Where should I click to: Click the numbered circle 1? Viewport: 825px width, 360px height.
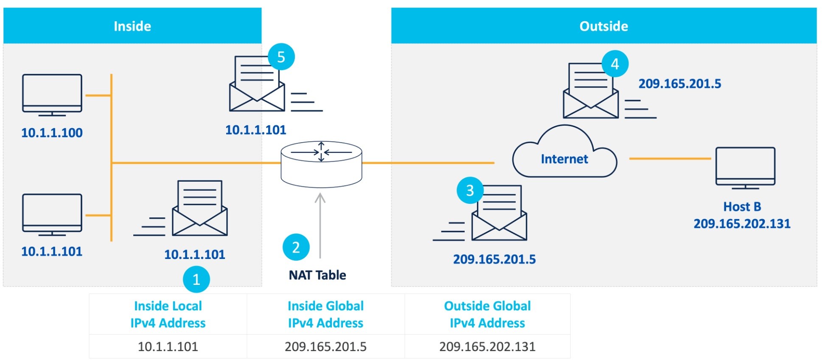coord(196,279)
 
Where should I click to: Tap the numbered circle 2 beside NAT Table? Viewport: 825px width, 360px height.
coord(296,247)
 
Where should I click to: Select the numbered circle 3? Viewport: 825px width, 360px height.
coord(470,190)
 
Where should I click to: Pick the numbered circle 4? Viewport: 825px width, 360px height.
coord(615,64)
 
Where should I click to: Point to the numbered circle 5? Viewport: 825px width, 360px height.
coord(281,57)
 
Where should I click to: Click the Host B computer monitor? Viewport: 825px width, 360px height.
coord(745,166)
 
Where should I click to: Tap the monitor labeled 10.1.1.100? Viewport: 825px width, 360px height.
coord(52,94)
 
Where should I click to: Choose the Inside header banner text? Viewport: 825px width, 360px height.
coord(132,26)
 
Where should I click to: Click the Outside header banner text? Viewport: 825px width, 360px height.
coord(603,26)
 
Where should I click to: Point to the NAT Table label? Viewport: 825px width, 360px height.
coord(317,275)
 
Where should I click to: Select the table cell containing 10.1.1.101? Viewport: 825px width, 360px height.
coord(168,346)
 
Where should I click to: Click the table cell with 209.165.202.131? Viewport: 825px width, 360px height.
coord(487,346)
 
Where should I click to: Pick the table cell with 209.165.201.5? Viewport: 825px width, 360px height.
coord(326,346)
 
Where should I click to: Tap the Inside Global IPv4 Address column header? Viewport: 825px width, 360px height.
coord(326,314)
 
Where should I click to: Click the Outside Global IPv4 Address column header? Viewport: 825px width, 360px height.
coord(487,314)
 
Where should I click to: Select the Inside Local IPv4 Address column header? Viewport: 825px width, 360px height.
coord(168,314)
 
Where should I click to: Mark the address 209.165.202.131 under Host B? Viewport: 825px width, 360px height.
coord(742,224)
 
